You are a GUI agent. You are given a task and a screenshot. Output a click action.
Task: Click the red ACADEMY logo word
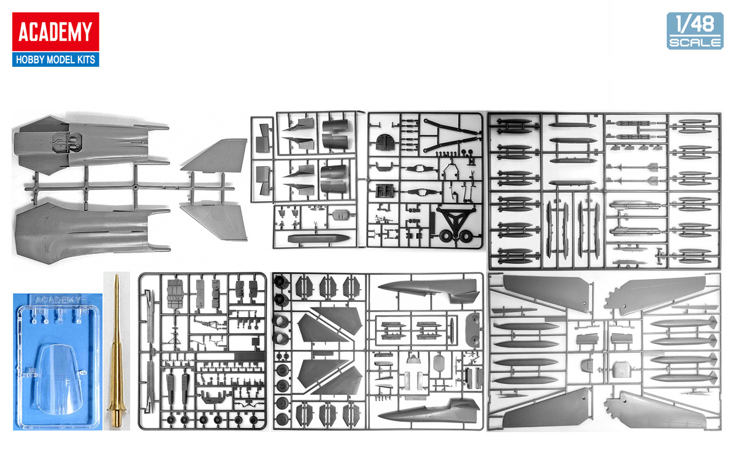click(x=55, y=32)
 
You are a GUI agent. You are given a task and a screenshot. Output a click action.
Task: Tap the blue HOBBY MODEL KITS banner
click(x=55, y=59)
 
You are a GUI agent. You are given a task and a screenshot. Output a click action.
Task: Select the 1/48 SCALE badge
click(x=694, y=31)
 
